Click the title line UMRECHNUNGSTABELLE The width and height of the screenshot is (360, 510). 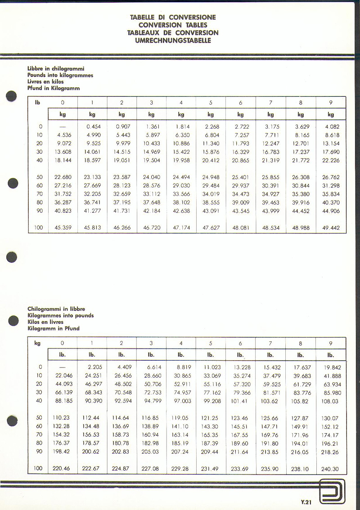pos(173,40)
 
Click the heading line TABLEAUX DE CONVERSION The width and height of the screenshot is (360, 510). pos(173,33)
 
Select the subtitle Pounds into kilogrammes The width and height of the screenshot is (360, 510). pos(60,75)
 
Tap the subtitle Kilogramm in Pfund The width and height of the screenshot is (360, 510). pos(54,328)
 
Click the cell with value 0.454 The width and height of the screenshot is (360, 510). pos(93,127)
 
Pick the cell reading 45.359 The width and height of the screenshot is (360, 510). pos(63,228)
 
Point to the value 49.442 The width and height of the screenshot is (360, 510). pos(331,228)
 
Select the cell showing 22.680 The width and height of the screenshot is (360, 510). pos(63,177)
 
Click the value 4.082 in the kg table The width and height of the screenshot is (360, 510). pos(331,127)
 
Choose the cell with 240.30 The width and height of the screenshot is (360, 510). pos(330,469)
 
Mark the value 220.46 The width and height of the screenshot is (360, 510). pos(61,469)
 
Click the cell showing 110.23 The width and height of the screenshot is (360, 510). pos(61,418)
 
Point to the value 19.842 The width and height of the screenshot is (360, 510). pos(333,367)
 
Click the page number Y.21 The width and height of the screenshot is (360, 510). pos(306,502)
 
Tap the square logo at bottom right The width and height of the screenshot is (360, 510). pos(332,492)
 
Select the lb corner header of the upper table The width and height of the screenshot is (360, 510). pos(38,103)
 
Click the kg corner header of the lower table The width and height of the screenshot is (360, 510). pos(37,343)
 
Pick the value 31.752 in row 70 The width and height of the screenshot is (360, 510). pos(63,194)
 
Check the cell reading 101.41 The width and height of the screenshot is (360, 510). pos(239,401)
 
